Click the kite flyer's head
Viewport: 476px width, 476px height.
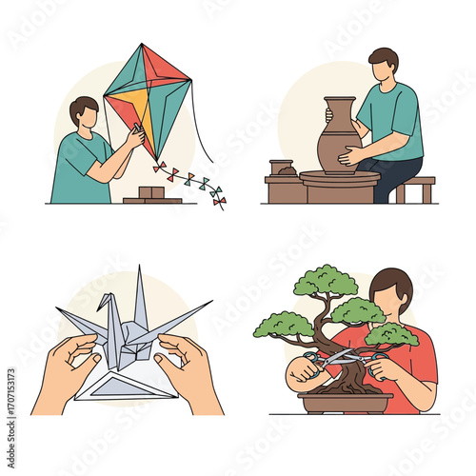[x=84, y=113]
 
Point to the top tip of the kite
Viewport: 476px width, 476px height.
[x=144, y=45]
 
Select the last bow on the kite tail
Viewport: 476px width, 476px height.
[x=219, y=201]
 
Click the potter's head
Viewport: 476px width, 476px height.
[x=382, y=66]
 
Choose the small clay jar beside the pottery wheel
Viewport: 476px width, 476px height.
[x=281, y=167]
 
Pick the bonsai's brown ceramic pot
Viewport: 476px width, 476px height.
[x=345, y=402]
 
